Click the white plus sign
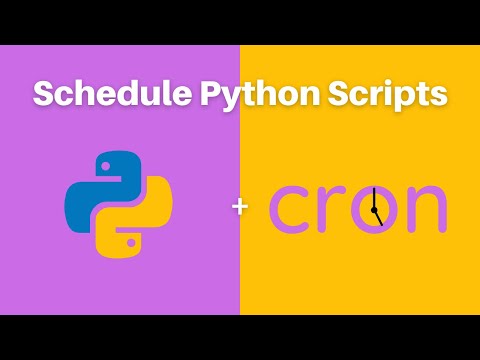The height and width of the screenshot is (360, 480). click(x=239, y=207)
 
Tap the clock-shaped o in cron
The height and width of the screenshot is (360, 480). click(x=374, y=206)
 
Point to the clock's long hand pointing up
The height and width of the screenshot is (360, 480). click(x=372, y=196)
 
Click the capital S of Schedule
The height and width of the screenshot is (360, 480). click(x=44, y=95)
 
